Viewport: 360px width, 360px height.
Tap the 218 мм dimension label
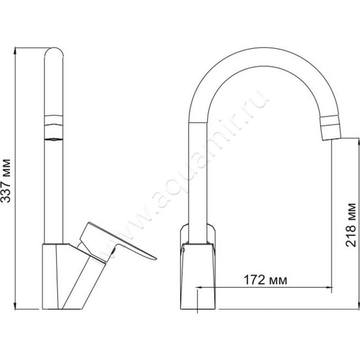351,225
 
